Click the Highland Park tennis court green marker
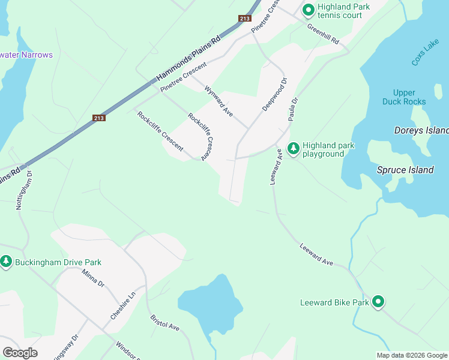coord(309,10)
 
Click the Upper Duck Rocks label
coord(404,97)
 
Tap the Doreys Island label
coord(421,130)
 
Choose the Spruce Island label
coord(405,170)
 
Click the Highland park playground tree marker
coord(294,148)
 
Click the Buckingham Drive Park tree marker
coord(6,262)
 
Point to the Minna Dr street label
coord(94,281)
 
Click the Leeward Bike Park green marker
coord(378,302)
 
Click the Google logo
coord(20,353)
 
